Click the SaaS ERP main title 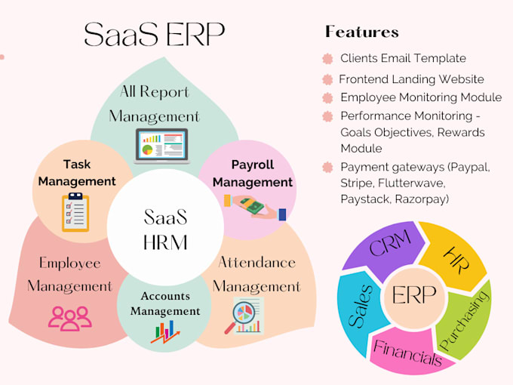[155, 33]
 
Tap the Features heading [361, 32]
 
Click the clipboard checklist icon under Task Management [75, 211]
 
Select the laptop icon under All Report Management [160, 146]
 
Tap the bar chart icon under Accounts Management [165, 331]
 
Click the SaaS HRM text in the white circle [165, 230]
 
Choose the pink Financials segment [407, 350]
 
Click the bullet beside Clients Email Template [327, 58]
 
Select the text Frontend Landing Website [411, 79]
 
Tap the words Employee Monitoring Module [421, 97]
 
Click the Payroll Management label [252, 173]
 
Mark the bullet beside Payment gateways [327, 167]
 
